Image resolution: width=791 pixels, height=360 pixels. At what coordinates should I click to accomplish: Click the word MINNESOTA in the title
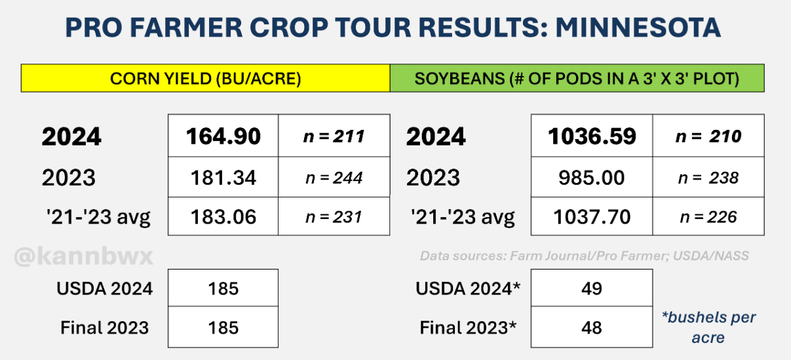[x=638, y=28]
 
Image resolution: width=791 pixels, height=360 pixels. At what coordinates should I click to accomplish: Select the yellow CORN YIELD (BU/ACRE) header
[x=206, y=78]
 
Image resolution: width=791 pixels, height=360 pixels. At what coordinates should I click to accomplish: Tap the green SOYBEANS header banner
[x=577, y=78]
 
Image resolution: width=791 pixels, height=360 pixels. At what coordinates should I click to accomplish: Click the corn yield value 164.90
[x=223, y=136]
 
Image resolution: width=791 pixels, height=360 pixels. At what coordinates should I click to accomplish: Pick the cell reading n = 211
[x=334, y=136]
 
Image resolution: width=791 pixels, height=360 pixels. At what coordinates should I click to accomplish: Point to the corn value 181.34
[x=223, y=177]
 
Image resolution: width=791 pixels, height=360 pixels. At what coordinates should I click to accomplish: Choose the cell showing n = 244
[x=334, y=178]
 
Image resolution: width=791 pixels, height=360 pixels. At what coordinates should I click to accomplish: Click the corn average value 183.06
[x=223, y=216]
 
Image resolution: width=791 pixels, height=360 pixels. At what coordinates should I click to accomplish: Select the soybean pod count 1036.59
[x=592, y=136]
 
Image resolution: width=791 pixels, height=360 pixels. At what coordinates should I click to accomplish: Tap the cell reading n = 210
[x=708, y=136]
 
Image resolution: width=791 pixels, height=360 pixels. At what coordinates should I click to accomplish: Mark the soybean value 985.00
[x=592, y=177]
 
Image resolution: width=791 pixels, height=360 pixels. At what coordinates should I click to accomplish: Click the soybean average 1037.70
[x=592, y=216]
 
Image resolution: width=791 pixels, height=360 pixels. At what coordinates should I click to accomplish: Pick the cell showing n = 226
[x=708, y=217]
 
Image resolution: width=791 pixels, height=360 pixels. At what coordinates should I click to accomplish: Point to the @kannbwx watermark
[x=84, y=256]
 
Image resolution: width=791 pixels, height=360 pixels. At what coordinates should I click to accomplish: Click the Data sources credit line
[x=585, y=256]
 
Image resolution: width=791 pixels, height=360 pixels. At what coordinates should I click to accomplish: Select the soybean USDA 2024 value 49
[x=592, y=289]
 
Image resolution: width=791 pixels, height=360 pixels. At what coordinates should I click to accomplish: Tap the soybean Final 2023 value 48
[x=592, y=327]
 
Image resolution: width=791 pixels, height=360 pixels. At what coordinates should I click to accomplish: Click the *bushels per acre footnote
[x=708, y=327]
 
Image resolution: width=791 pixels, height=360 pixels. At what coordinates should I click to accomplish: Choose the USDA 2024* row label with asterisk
[x=468, y=289]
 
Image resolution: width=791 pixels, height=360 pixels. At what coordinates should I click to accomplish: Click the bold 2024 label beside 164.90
[x=71, y=136]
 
